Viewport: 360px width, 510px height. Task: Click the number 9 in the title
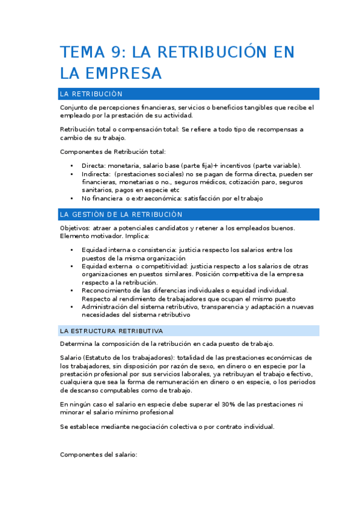click(118, 52)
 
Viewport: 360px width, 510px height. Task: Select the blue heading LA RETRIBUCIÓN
click(91, 94)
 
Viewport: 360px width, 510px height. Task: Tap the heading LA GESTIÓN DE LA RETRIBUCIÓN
click(121, 214)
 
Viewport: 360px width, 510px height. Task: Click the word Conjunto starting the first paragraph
click(75, 107)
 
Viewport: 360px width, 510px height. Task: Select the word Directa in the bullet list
click(94, 165)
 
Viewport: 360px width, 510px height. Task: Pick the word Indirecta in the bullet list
click(98, 174)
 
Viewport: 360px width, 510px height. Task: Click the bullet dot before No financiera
click(72, 198)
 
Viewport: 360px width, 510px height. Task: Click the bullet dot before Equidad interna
click(72, 250)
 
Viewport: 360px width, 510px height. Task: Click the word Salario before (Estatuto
click(72, 357)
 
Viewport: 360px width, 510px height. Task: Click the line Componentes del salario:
click(99, 455)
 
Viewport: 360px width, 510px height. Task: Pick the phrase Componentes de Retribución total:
click(113, 152)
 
